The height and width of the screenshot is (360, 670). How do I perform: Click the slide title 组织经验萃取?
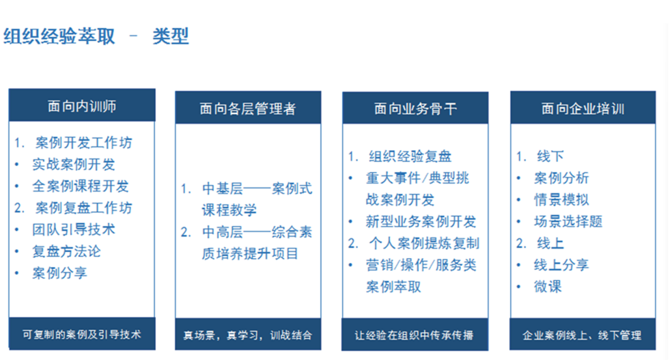(59, 36)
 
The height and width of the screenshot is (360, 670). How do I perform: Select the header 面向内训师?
(82, 106)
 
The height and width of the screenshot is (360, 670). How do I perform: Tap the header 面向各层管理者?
(248, 109)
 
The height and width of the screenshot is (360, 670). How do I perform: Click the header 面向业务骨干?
(415, 109)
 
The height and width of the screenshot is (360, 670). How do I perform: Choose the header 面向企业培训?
(583, 109)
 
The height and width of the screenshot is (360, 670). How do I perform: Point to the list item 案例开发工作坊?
(84, 142)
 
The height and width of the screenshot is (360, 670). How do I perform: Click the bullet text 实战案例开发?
(74, 164)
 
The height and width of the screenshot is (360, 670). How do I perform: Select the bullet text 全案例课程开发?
(81, 186)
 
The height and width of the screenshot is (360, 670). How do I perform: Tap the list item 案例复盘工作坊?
(84, 208)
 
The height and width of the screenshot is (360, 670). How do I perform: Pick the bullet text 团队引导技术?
(74, 230)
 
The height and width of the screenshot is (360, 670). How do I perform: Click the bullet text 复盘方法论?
(67, 251)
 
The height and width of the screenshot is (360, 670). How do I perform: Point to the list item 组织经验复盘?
(410, 156)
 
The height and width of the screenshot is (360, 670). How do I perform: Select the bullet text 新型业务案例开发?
(421, 221)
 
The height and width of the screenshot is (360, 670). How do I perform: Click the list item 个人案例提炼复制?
(424, 243)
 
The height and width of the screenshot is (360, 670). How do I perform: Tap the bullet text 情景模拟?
(561, 199)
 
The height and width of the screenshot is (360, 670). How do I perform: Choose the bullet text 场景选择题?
(568, 221)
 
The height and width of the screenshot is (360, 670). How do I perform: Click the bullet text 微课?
(548, 286)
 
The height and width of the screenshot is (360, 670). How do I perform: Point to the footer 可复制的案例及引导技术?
(81, 334)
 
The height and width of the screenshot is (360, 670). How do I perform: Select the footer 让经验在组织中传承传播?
(414, 335)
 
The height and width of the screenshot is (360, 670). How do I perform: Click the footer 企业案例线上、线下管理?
(582, 335)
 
